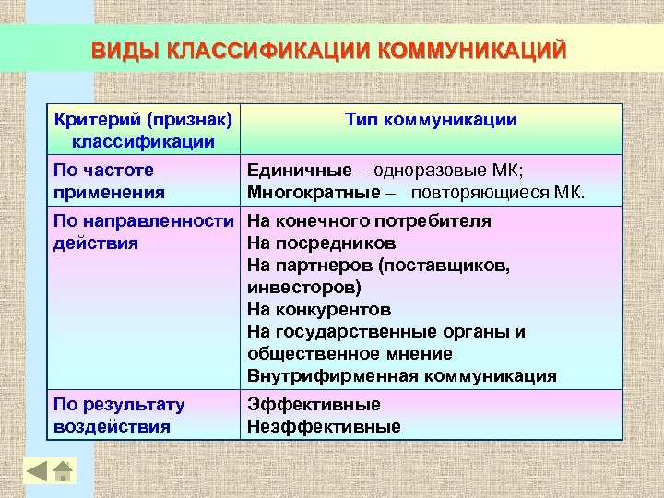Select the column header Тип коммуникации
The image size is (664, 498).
pos(431,120)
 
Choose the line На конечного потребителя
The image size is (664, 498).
pos(369,221)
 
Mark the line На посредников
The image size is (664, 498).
pos(322,243)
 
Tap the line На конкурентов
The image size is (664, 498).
pos(319,310)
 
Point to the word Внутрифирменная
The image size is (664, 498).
pos(333,376)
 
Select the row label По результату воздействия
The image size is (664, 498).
pos(119,416)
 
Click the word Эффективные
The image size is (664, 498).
pos(314,405)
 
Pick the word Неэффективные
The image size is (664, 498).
pos(324,427)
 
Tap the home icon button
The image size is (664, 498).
pos(62,471)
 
